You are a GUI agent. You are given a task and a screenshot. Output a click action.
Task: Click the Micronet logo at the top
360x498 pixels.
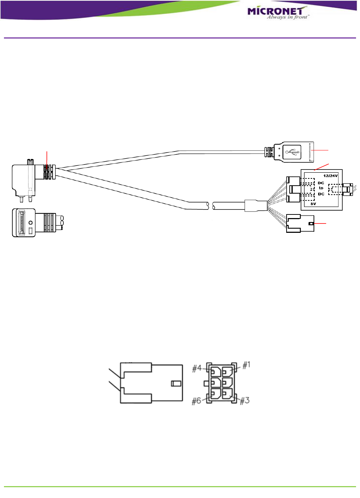(x=278, y=13)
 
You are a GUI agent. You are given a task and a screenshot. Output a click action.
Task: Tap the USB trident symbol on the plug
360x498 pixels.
(x=291, y=152)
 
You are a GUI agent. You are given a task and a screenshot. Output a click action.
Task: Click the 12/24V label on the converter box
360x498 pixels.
(x=330, y=176)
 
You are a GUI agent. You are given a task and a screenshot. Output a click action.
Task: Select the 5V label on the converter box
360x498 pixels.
(x=313, y=204)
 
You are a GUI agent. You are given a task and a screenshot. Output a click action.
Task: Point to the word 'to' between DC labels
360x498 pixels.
(x=321, y=188)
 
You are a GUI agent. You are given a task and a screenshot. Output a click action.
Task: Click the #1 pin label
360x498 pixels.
(x=246, y=366)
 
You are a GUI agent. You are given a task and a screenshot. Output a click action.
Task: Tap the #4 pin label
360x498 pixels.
(x=197, y=368)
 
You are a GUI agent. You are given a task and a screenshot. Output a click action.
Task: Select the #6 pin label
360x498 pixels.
(x=197, y=401)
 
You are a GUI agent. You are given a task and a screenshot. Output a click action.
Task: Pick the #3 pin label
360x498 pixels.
(x=245, y=400)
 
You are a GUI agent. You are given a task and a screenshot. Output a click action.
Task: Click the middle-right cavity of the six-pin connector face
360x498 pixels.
(x=228, y=382)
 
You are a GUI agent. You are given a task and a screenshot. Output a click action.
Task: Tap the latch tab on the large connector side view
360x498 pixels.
(x=176, y=384)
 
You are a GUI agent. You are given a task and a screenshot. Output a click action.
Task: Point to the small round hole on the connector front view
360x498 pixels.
(x=31, y=223)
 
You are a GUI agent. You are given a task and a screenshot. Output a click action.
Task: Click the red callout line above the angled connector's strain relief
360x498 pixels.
(x=47, y=158)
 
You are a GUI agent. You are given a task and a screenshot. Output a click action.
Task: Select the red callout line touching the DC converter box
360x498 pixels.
(x=321, y=167)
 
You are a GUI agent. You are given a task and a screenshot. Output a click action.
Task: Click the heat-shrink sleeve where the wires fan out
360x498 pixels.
(x=256, y=206)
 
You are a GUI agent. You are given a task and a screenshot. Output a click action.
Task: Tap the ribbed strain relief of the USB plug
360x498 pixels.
(x=269, y=152)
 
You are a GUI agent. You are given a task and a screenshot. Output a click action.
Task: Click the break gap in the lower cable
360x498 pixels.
(x=211, y=206)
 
